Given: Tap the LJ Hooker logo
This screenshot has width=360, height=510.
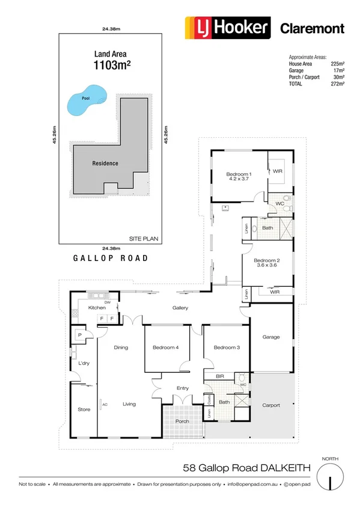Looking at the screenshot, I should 227,28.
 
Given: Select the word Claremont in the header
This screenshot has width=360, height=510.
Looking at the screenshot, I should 313,28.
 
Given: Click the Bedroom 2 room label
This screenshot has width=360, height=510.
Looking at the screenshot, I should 267,260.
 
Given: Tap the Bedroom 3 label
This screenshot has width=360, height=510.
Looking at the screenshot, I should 225,348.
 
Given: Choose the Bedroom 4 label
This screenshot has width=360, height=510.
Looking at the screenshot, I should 166,348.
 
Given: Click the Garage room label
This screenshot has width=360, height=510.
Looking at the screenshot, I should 271,337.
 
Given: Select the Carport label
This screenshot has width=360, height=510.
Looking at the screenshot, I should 271,405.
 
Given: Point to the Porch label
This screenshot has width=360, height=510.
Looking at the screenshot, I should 182,421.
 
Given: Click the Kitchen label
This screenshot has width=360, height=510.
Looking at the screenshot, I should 97,307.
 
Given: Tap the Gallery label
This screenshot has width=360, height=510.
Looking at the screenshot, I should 180,307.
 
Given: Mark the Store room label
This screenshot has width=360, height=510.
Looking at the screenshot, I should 84,410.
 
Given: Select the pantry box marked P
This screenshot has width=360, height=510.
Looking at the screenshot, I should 79,334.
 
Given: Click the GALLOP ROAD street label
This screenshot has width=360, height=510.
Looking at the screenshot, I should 110,258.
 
